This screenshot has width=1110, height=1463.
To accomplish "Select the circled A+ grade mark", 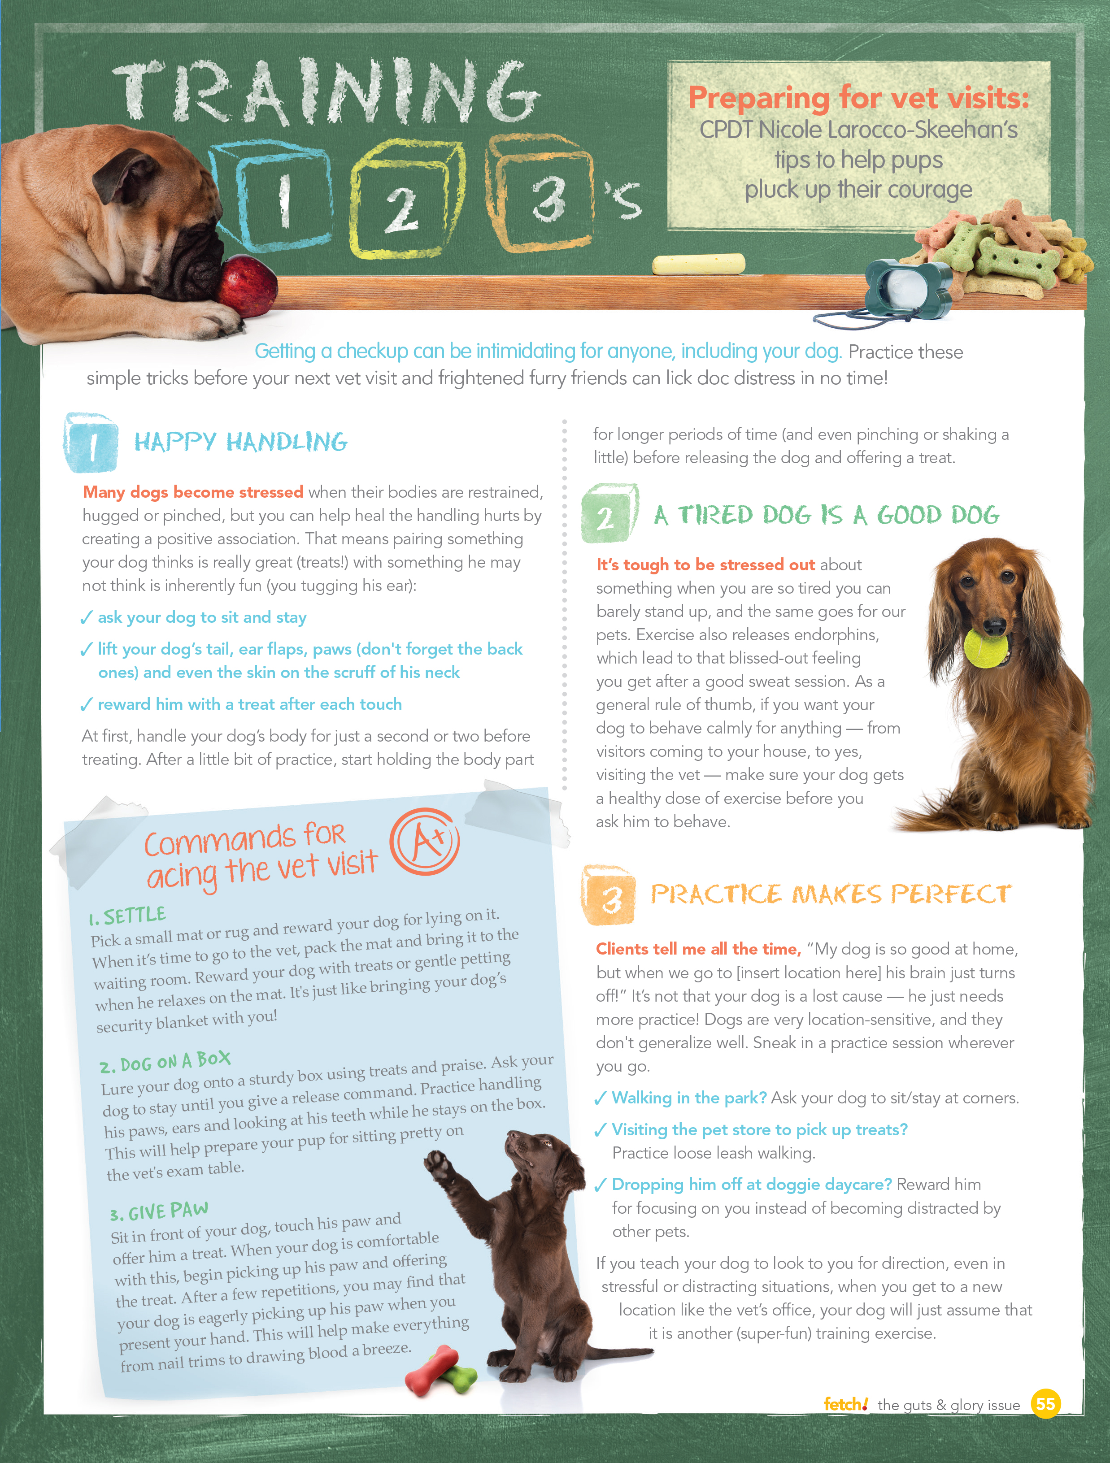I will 425,841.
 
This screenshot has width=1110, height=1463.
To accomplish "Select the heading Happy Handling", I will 241,442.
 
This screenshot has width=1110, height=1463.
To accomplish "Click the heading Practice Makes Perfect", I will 831,894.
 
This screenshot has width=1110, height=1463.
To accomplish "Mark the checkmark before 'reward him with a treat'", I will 86,705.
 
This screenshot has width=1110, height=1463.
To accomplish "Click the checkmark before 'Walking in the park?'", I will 600,1098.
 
